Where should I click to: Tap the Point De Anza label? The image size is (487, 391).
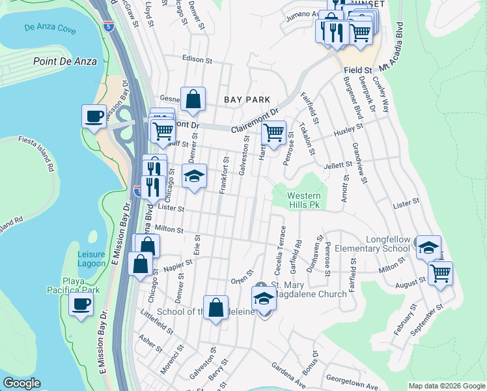pos(64,61)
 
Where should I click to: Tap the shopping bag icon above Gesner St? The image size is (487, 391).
pos(193,100)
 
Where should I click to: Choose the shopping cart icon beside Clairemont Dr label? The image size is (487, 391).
pos(274,134)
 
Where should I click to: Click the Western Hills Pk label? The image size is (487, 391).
pos(304,200)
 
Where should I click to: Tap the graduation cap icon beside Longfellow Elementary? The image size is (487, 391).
pos(428,248)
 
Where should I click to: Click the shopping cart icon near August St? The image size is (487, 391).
pos(440,272)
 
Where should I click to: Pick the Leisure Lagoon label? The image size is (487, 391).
pos(91,259)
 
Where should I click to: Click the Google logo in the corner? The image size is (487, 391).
pos(21,383)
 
